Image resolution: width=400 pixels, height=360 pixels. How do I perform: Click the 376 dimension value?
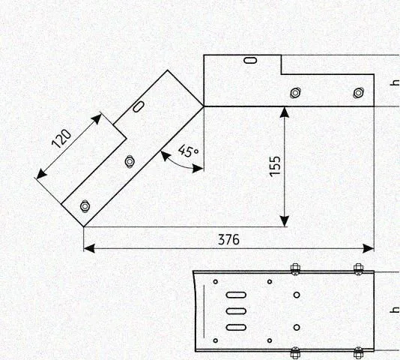click(x=228, y=240)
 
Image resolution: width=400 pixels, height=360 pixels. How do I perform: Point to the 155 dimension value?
click(x=275, y=166)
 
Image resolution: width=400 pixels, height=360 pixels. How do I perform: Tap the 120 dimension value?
click(x=61, y=139)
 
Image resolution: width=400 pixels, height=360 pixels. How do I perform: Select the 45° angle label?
click(x=188, y=151)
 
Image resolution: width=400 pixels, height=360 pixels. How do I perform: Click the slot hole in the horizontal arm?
click(x=250, y=60)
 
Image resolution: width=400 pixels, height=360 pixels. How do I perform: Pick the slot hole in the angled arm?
click(x=139, y=106)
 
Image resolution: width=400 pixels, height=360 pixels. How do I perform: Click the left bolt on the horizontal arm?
click(x=295, y=92)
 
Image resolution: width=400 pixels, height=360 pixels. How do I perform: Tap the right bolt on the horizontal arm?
click(x=359, y=92)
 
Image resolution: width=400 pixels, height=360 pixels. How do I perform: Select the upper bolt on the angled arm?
click(x=130, y=161)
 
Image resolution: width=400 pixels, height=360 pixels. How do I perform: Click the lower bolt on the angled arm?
click(x=85, y=206)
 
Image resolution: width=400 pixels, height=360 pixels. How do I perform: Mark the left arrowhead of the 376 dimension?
click(x=89, y=248)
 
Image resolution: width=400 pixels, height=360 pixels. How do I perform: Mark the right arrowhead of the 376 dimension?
click(x=369, y=248)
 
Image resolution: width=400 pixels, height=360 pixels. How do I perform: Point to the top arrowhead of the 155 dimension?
click(x=285, y=112)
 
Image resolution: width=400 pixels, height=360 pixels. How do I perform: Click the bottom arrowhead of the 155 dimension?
click(x=285, y=221)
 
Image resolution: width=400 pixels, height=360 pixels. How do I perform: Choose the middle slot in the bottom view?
click(x=236, y=311)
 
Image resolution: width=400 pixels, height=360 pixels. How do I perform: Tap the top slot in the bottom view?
click(x=236, y=295)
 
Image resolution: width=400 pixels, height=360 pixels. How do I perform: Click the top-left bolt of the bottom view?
click(x=295, y=269)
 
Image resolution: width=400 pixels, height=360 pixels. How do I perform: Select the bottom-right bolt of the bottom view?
click(x=358, y=352)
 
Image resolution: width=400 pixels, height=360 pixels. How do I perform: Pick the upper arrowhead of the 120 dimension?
click(x=97, y=118)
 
